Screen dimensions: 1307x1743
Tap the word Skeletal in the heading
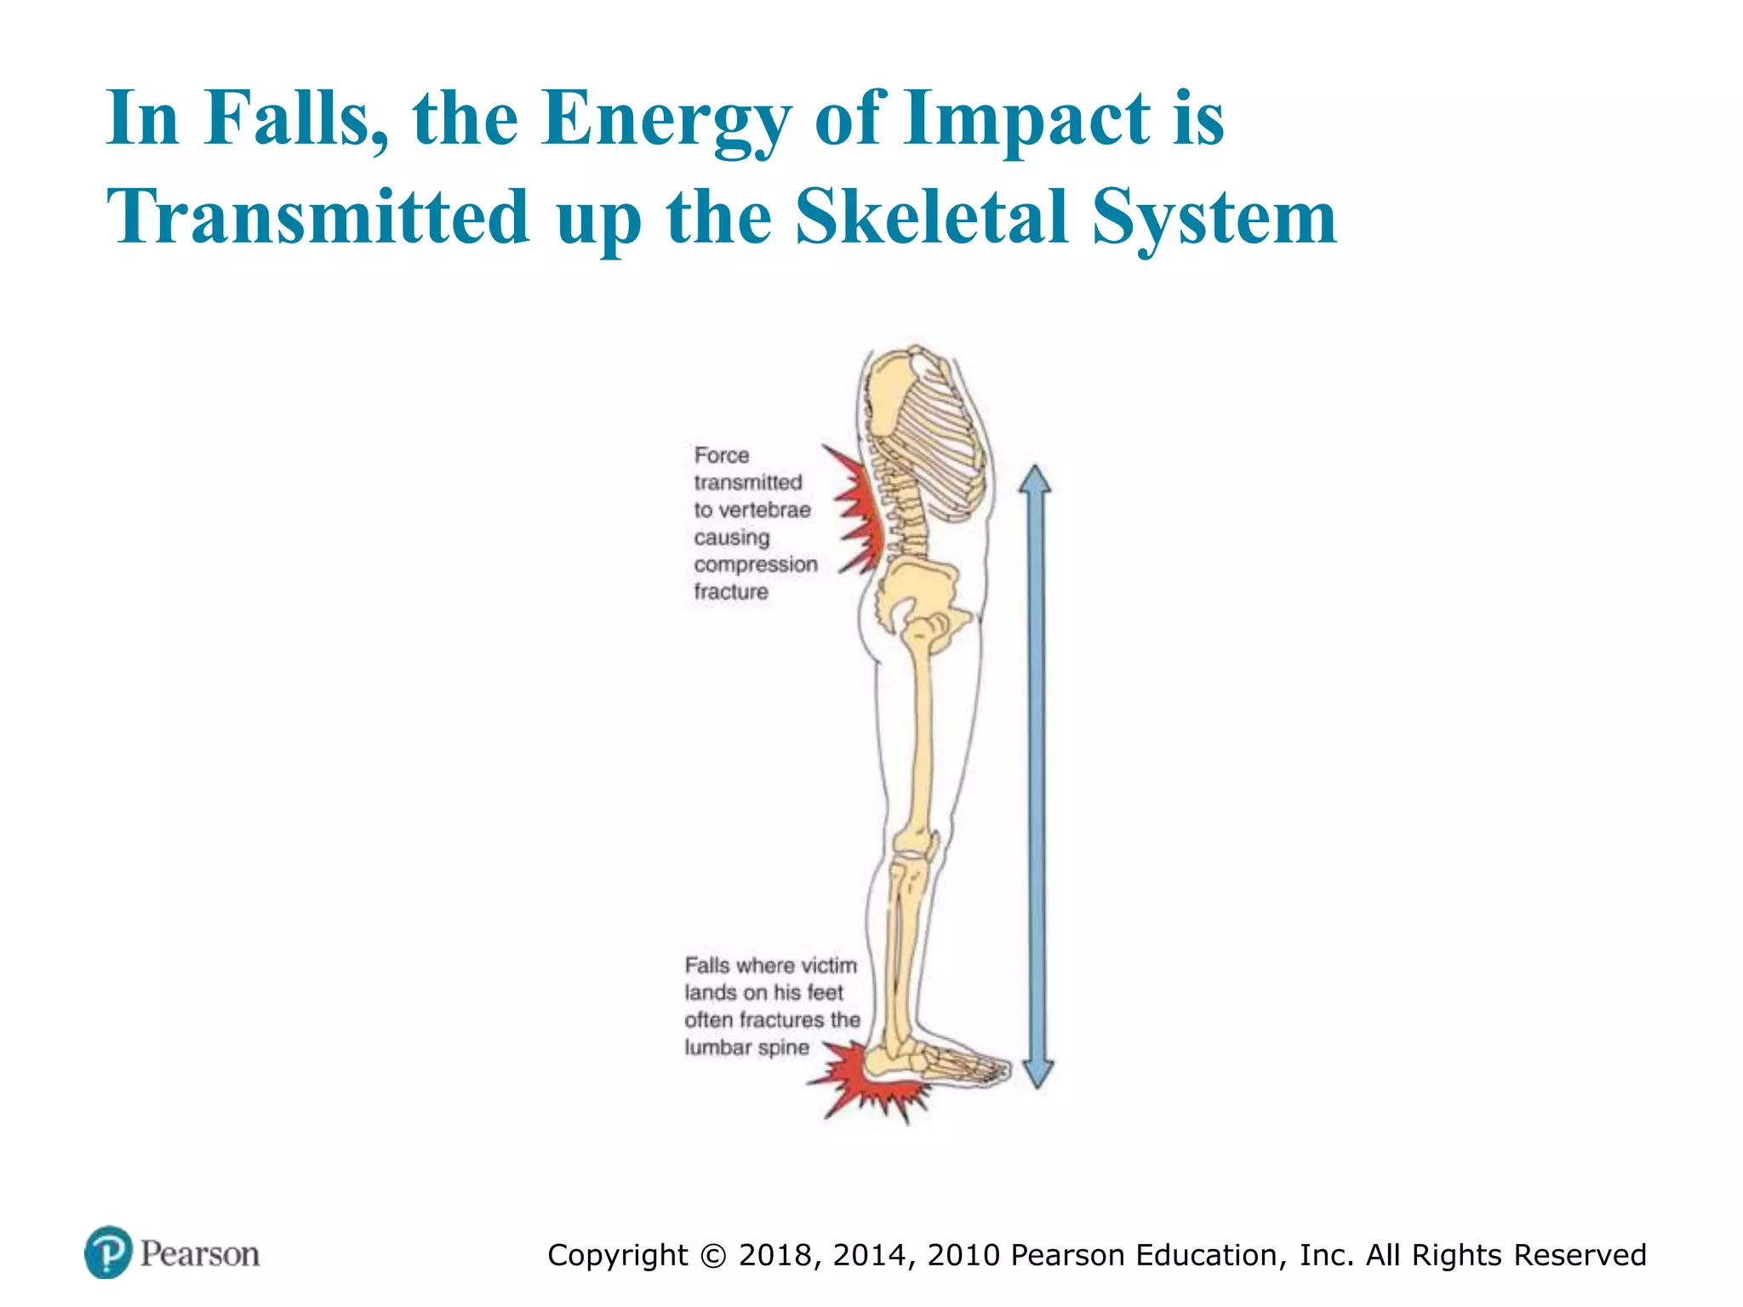[x=931, y=217]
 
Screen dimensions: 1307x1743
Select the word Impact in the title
[x=1026, y=119]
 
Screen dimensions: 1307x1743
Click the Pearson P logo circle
[x=108, y=1252]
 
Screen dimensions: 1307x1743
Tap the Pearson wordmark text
[x=200, y=1253]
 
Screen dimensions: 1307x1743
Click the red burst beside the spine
[x=860, y=511]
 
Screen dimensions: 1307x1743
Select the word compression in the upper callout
[x=755, y=564]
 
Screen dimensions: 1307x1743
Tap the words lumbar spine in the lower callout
[x=746, y=1047]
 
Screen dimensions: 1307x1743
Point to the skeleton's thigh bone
[x=921, y=732]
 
